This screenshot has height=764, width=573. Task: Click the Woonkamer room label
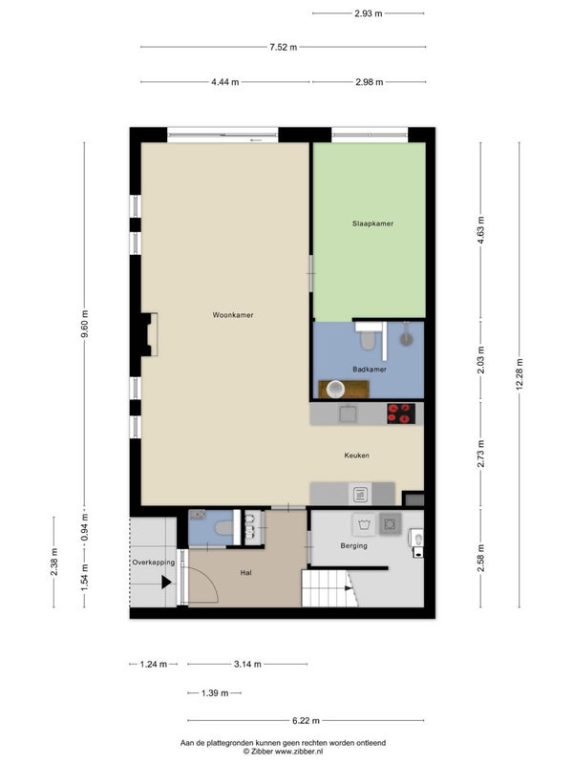[x=232, y=315]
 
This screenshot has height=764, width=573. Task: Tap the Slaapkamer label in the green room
[x=372, y=223]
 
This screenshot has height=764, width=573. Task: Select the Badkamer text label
[x=370, y=370]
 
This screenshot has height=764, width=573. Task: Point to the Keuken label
[x=356, y=456]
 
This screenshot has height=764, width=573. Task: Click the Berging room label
[x=353, y=545]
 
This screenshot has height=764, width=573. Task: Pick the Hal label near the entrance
[x=245, y=573]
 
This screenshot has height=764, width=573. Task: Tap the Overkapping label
[x=154, y=562]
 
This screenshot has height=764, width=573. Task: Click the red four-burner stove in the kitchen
[x=401, y=414]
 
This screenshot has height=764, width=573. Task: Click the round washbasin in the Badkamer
[x=335, y=390]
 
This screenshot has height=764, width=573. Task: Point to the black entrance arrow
[x=166, y=582]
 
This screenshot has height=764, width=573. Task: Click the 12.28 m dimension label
[x=520, y=374]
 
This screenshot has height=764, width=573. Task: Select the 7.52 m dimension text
[x=283, y=47]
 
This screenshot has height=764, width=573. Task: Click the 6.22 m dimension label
[x=306, y=720]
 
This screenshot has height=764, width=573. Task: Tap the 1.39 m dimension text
[x=215, y=693]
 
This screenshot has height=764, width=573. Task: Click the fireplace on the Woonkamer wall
[x=149, y=335]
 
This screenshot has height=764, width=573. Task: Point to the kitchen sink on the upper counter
[x=348, y=414]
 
